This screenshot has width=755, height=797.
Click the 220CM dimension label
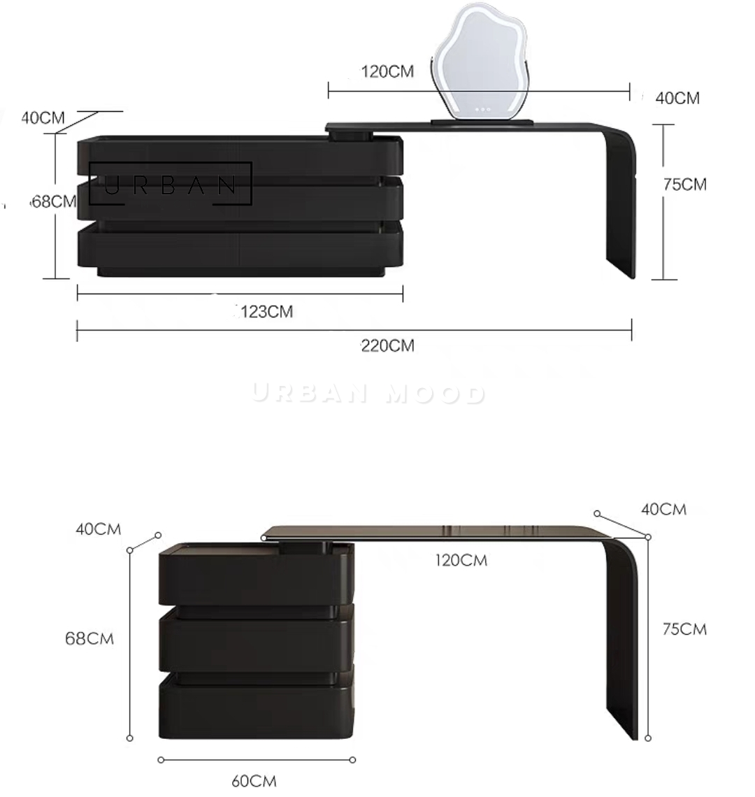[387, 346]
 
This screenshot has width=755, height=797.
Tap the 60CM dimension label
[254, 781]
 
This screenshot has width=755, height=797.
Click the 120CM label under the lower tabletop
[461, 560]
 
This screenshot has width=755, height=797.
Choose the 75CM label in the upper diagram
[684, 185]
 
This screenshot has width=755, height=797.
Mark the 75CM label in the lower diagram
[684, 629]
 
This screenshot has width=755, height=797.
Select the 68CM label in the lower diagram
[89, 638]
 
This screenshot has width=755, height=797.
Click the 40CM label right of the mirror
[677, 99]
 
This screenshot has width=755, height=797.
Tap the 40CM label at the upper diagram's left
[43, 117]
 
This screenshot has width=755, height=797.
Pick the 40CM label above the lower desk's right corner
[663, 509]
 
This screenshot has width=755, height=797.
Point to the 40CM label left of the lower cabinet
[98, 529]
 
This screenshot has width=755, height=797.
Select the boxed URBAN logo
[171, 184]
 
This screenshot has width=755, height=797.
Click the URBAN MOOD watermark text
[368, 394]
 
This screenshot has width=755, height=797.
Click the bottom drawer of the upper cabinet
[240, 245]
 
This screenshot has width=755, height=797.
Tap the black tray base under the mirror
[482, 123]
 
